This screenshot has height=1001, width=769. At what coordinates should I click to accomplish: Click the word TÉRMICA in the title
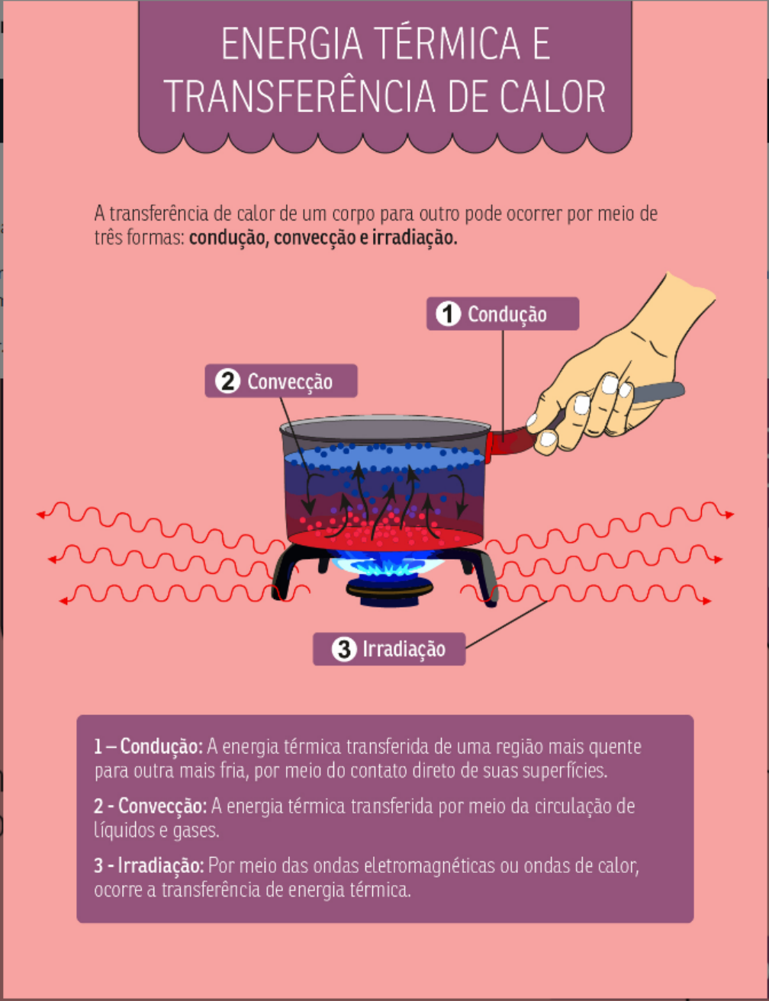(x=449, y=43)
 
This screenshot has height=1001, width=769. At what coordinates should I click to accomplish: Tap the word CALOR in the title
(x=552, y=96)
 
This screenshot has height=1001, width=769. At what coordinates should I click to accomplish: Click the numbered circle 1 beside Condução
(x=448, y=313)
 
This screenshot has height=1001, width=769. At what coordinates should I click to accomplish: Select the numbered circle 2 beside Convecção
(x=227, y=381)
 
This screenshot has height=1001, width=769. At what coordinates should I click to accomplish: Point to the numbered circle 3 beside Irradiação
(x=344, y=649)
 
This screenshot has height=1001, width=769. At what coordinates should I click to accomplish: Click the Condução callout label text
(x=507, y=315)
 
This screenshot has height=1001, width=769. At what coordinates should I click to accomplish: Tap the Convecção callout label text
(x=290, y=382)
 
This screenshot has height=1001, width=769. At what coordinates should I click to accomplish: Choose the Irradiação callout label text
(x=404, y=650)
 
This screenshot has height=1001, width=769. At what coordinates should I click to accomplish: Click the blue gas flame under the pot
(x=388, y=565)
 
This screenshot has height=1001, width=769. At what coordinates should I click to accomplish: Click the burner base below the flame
(x=390, y=592)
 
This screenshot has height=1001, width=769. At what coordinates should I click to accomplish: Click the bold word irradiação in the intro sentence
(x=415, y=238)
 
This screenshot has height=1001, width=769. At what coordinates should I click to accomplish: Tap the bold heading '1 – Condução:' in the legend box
(x=148, y=747)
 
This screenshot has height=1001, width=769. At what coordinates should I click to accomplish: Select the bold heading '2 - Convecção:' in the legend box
(x=150, y=807)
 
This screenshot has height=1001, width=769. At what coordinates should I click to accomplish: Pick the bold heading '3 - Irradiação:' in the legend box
(x=149, y=866)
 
